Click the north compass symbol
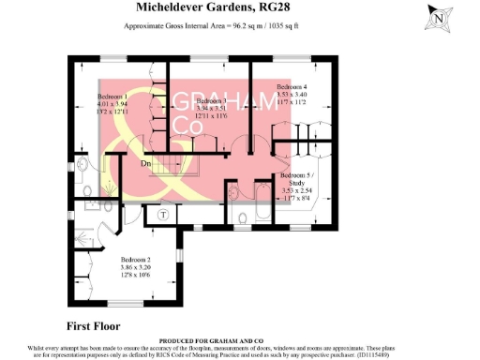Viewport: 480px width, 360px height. click(438, 16)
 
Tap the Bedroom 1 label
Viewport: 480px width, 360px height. click(112, 97)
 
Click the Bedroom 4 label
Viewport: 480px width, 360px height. click(291, 86)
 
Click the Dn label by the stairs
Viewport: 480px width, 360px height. click(146, 163)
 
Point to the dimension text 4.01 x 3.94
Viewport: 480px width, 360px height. click(112, 104)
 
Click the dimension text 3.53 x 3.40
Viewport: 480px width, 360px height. click(291, 94)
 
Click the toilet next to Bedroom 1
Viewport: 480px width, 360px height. click(82, 170)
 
